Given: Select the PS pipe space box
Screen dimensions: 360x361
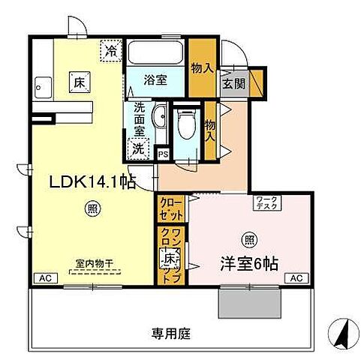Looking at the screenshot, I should click(163, 154).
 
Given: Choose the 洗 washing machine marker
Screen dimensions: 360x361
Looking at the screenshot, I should click(138, 148).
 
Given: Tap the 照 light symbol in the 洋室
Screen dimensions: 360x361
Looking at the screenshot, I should click(248, 240).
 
